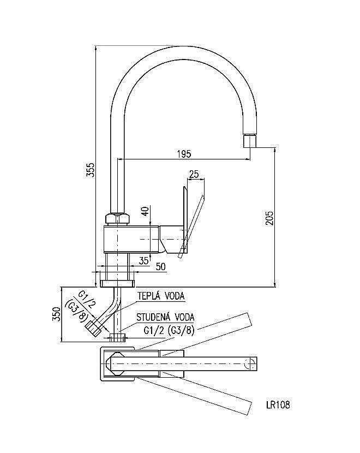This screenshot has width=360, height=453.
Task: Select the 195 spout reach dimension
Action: coord(184,154)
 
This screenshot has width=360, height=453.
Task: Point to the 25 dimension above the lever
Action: coord(194,174)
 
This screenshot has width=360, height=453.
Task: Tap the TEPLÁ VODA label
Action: coord(160,296)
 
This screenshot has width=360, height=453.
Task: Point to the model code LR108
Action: coord(278,405)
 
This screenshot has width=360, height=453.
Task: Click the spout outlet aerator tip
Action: coord(249,141)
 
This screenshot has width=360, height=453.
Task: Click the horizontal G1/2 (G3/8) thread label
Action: coord(169,330)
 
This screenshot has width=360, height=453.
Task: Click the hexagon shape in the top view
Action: coord(117,363)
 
